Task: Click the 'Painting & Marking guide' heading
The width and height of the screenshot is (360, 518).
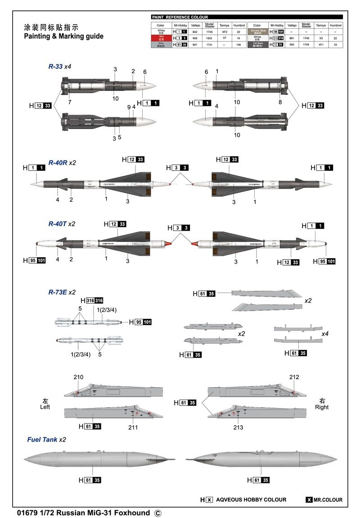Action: (63, 36)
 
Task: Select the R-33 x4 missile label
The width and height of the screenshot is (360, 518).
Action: (60, 66)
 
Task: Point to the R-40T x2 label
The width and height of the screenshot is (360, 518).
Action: (62, 223)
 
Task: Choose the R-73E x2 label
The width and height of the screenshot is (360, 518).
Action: (62, 292)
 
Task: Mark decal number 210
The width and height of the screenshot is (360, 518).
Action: (78, 377)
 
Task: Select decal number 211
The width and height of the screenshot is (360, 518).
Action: (133, 427)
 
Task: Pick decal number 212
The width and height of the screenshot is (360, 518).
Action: (294, 377)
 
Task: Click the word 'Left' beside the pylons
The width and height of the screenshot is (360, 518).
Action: (45, 407)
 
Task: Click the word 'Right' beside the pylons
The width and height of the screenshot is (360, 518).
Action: (322, 407)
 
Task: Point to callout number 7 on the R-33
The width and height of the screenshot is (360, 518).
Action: (70, 103)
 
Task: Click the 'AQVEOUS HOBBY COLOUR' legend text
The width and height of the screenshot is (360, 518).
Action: (251, 500)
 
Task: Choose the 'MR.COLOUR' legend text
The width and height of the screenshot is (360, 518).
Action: (328, 500)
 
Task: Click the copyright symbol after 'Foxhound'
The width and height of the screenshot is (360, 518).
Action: (157, 512)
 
